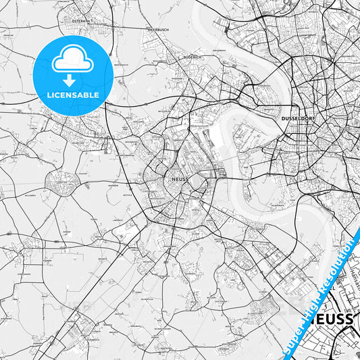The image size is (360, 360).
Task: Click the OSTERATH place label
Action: pyautogui.click(x=80, y=21)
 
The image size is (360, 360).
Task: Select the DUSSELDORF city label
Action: pyautogui.click(x=298, y=118)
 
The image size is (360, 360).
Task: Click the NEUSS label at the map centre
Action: pyautogui.click(x=180, y=179)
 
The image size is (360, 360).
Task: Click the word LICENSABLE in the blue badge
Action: pyautogui.click(x=73, y=95)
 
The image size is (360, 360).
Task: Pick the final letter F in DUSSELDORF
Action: pyautogui.click(x=315, y=118)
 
